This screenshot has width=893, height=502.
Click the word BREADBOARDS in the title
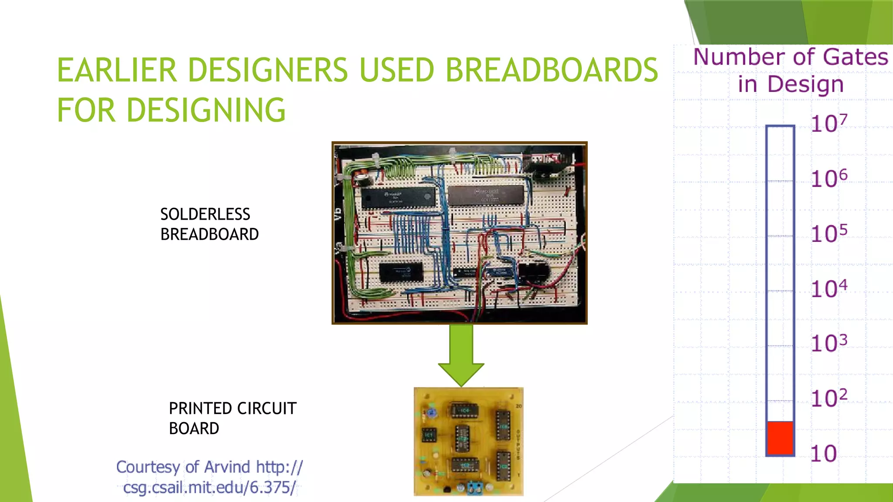point(551,70)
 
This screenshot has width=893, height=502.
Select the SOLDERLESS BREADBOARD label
point(209,224)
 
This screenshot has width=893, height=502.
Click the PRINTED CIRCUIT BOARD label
point(232,418)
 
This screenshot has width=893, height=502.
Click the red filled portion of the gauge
point(780,438)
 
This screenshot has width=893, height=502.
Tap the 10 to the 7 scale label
point(829,123)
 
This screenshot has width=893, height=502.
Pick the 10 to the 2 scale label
point(829,398)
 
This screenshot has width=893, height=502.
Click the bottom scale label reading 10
point(823,454)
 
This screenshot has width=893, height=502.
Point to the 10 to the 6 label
point(829,178)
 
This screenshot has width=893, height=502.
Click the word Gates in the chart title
point(856,57)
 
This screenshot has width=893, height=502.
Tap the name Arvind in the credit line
point(227,467)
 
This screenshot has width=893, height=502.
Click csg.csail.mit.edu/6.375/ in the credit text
point(209,487)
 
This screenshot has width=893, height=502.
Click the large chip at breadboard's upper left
point(398,197)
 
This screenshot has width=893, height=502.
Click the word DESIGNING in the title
point(206,110)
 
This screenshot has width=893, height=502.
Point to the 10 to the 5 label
point(829,234)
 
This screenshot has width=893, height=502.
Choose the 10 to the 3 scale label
point(829,343)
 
